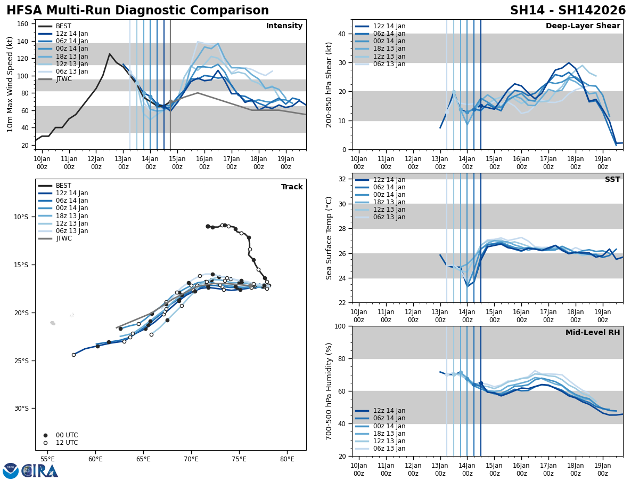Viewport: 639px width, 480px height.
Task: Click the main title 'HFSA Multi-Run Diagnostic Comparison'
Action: (x=137, y=11)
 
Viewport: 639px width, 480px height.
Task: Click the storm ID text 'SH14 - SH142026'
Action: (x=568, y=11)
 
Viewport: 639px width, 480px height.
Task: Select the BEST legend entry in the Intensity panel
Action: (x=63, y=26)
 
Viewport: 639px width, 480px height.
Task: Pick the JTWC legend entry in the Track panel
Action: (x=63, y=238)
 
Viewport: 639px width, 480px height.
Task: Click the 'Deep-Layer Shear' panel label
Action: (x=583, y=26)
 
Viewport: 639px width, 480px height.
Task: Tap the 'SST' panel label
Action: (x=612, y=180)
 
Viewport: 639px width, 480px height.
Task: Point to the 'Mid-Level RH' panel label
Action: (x=593, y=333)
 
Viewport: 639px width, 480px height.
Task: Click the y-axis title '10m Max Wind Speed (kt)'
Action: (x=10, y=84)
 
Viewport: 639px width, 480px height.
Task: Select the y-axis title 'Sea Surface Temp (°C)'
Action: (x=329, y=238)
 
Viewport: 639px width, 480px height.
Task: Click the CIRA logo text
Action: (x=40, y=471)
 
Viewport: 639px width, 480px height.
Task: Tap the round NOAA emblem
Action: (x=11, y=471)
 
